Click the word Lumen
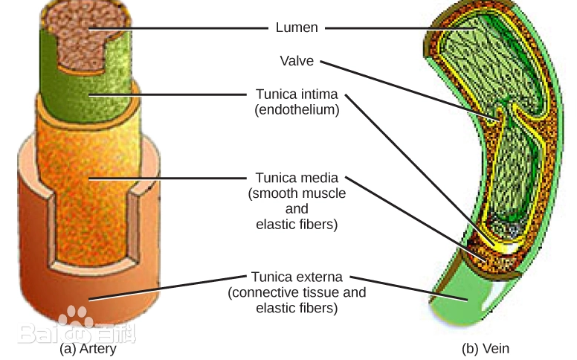click(297, 28)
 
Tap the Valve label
click(297, 61)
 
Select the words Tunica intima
click(297, 94)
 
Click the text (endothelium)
click(297, 110)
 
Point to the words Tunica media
click(297, 178)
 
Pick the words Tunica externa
click(297, 277)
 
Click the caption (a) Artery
click(88, 348)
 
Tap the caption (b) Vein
click(486, 348)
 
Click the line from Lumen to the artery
click(178, 28)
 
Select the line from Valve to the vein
click(402, 86)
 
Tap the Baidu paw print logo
click(77, 320)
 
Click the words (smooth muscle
click(297, 193)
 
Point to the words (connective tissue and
click(297, 292)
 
